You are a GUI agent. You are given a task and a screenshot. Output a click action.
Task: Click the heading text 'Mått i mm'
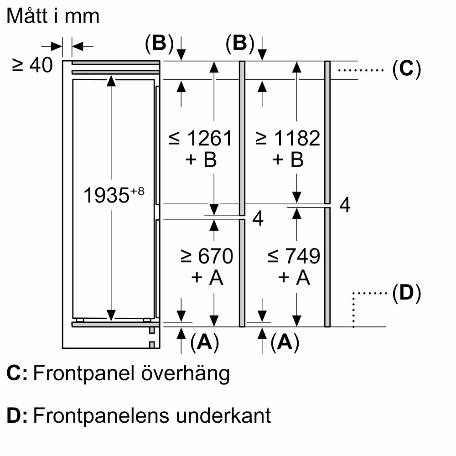point(53,17)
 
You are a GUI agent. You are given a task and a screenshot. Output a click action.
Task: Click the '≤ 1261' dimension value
point(200,139)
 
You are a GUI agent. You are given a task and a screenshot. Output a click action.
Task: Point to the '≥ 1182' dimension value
point(288,139)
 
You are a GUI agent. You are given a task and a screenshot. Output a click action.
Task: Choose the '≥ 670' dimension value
point(207,256)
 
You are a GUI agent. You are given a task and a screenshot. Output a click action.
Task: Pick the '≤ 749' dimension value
point(294,256)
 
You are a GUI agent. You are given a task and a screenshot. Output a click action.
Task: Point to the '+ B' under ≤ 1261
point(200,160)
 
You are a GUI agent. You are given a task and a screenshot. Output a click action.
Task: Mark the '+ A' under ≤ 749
point(294,278)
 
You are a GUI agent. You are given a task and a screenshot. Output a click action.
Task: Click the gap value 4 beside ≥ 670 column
point(258,219)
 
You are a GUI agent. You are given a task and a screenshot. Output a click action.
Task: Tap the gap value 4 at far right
point(345,206)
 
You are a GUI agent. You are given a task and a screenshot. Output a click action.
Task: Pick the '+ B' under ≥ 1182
point(288,160)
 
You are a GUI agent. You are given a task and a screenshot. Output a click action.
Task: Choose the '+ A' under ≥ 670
point(207,278)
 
